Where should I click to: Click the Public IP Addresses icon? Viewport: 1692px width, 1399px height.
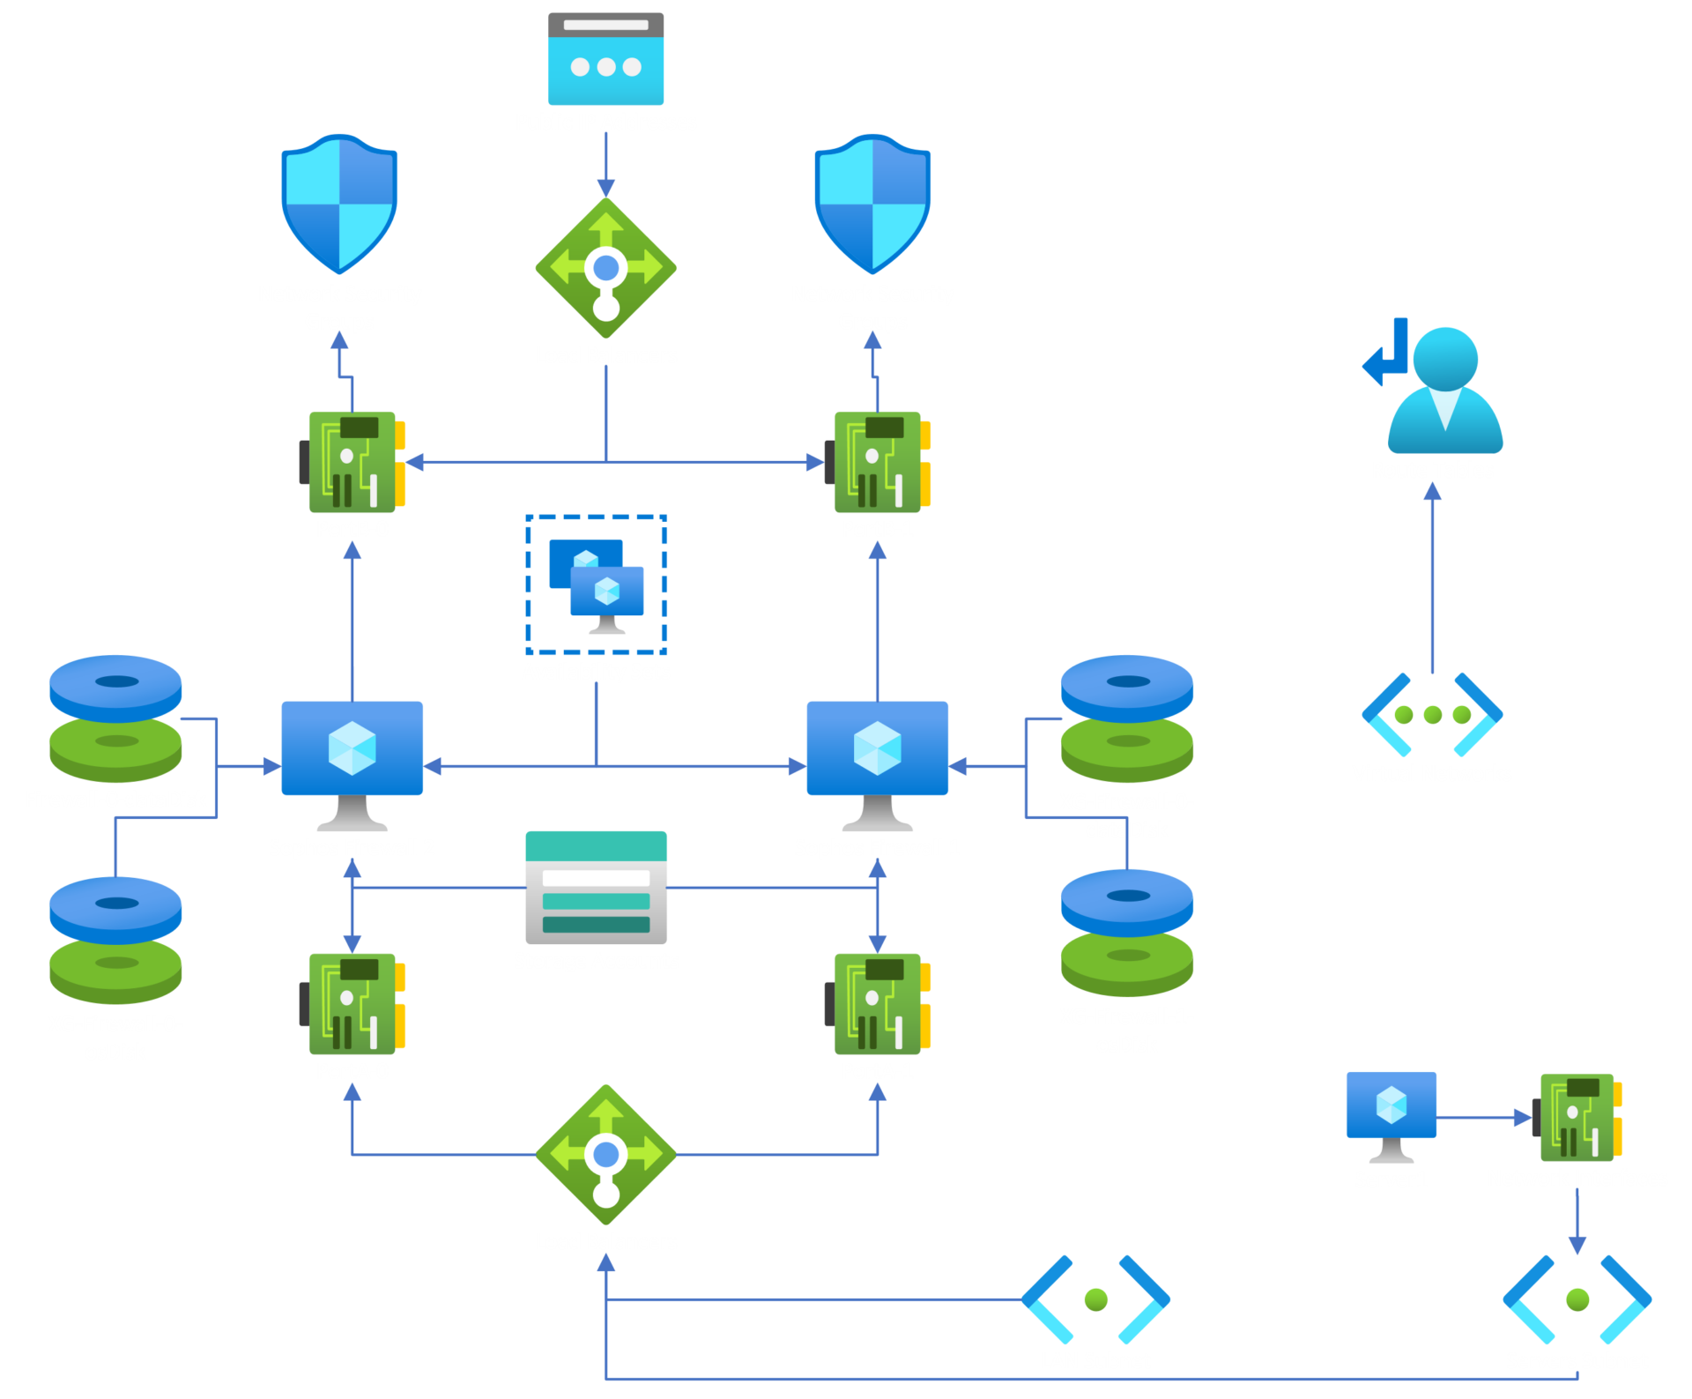click(605, 58)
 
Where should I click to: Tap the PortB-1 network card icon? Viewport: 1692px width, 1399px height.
click(879, 463)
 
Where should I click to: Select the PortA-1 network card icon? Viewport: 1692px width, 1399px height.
click(879, 1004)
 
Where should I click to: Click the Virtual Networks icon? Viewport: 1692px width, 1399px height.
click(1432, 714)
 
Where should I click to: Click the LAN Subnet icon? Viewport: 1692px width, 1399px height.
click(1095, 1299)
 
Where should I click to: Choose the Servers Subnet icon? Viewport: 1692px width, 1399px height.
click(1577, 1299)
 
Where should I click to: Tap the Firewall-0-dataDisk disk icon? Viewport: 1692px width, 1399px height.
click(115, 718)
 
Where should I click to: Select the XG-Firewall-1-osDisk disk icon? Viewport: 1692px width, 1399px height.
click(1126, 933)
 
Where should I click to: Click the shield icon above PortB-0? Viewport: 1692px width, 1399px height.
click(339, 204)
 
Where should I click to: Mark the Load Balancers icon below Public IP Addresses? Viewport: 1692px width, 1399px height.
click(605, 268)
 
